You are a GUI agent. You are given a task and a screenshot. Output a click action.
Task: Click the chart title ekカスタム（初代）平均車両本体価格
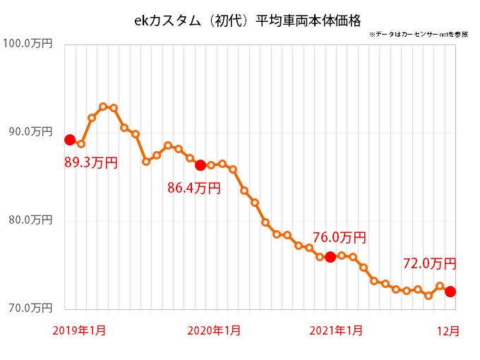click(x=241, y=20)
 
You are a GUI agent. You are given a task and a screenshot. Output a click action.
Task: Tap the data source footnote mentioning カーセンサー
click(x=417, y=35)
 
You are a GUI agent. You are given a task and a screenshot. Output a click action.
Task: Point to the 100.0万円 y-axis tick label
click(x=28, y=44)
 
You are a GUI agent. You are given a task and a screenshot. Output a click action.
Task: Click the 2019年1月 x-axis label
click(x=80, y=330)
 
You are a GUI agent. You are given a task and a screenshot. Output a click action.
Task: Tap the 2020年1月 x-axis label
click(x=215, y=330)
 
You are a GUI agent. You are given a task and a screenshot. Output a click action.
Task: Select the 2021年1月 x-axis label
click(x=338, y=330)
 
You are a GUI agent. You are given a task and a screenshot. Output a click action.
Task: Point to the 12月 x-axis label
click(x=448, y=330)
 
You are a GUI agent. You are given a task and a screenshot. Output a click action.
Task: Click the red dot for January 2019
click(x=70, y=140)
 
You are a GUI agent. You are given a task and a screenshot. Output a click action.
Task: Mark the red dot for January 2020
click(x=200, y=165)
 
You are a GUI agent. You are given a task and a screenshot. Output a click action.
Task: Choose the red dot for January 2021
click(x=330, y=257)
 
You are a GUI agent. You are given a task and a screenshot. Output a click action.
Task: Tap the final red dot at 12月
click(x=450, y=292)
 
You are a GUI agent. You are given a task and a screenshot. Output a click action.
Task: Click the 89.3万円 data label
click(x=90, y=163)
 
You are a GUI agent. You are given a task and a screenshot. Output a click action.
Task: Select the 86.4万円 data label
click(x=193, y=188)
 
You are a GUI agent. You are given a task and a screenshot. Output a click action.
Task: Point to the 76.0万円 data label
click(x=339, y=238)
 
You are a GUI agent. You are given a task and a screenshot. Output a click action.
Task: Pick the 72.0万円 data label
click(x=429, y=264)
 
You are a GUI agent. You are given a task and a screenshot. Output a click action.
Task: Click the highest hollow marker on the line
click(x=103, y=107)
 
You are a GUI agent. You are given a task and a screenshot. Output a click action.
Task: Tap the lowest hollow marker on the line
click(x=428, y=296)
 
